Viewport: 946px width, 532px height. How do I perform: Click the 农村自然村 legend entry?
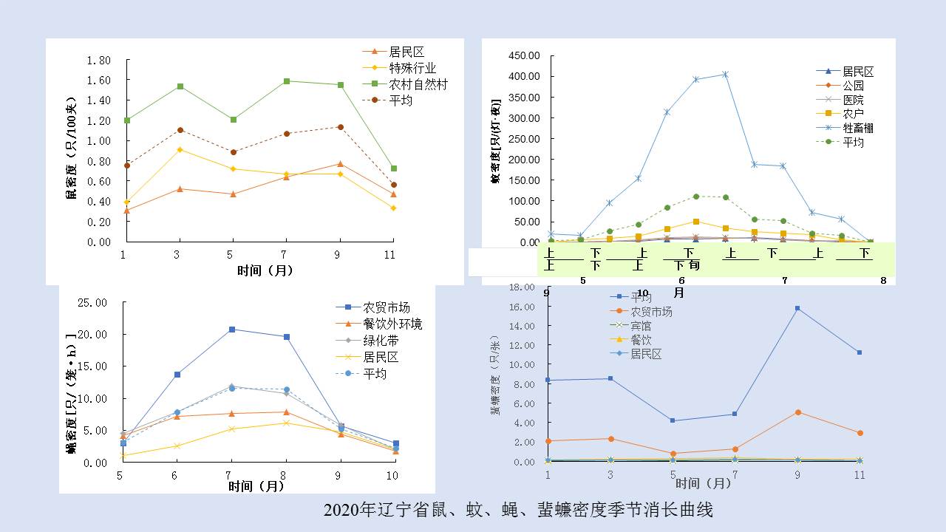(418, 84)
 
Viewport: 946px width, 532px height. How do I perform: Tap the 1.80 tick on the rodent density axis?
(99, 60)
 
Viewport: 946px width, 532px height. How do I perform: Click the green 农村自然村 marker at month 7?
(286, 81)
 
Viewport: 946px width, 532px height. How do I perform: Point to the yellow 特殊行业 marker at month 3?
(180, 150)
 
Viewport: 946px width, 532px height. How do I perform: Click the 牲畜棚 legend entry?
(857, 128)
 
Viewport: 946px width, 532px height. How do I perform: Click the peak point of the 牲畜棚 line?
(725, 74)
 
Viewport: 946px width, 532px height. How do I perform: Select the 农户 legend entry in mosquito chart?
(853, 114)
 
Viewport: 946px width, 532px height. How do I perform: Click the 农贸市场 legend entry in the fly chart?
(386, 307)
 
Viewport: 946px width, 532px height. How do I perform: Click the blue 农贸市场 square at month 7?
(232, 330)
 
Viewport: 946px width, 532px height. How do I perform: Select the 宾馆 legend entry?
(641, 326)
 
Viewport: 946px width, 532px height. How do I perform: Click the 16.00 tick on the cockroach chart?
(523, 307)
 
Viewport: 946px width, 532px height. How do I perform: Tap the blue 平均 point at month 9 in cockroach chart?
(797, 308)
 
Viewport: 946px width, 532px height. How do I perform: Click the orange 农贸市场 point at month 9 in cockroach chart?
(797, 412)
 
